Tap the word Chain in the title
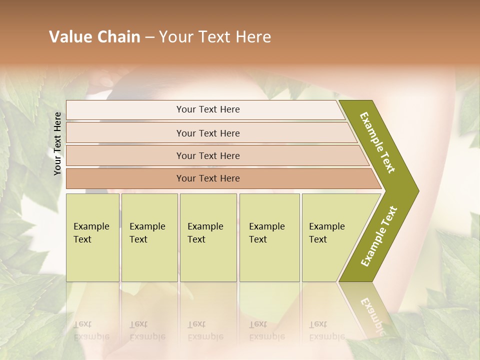[x=118, y=37]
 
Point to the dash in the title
[x=149, y=37]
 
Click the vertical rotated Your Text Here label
[x=57, y=143]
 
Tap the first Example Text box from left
[x=92, y=237]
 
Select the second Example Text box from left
[x=149, y=237]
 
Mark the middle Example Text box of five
[x=208, y=237]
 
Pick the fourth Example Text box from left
[x=269, y=237]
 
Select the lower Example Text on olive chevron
[x=379, y=236]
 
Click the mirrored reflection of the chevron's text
[x=372, y=315]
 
